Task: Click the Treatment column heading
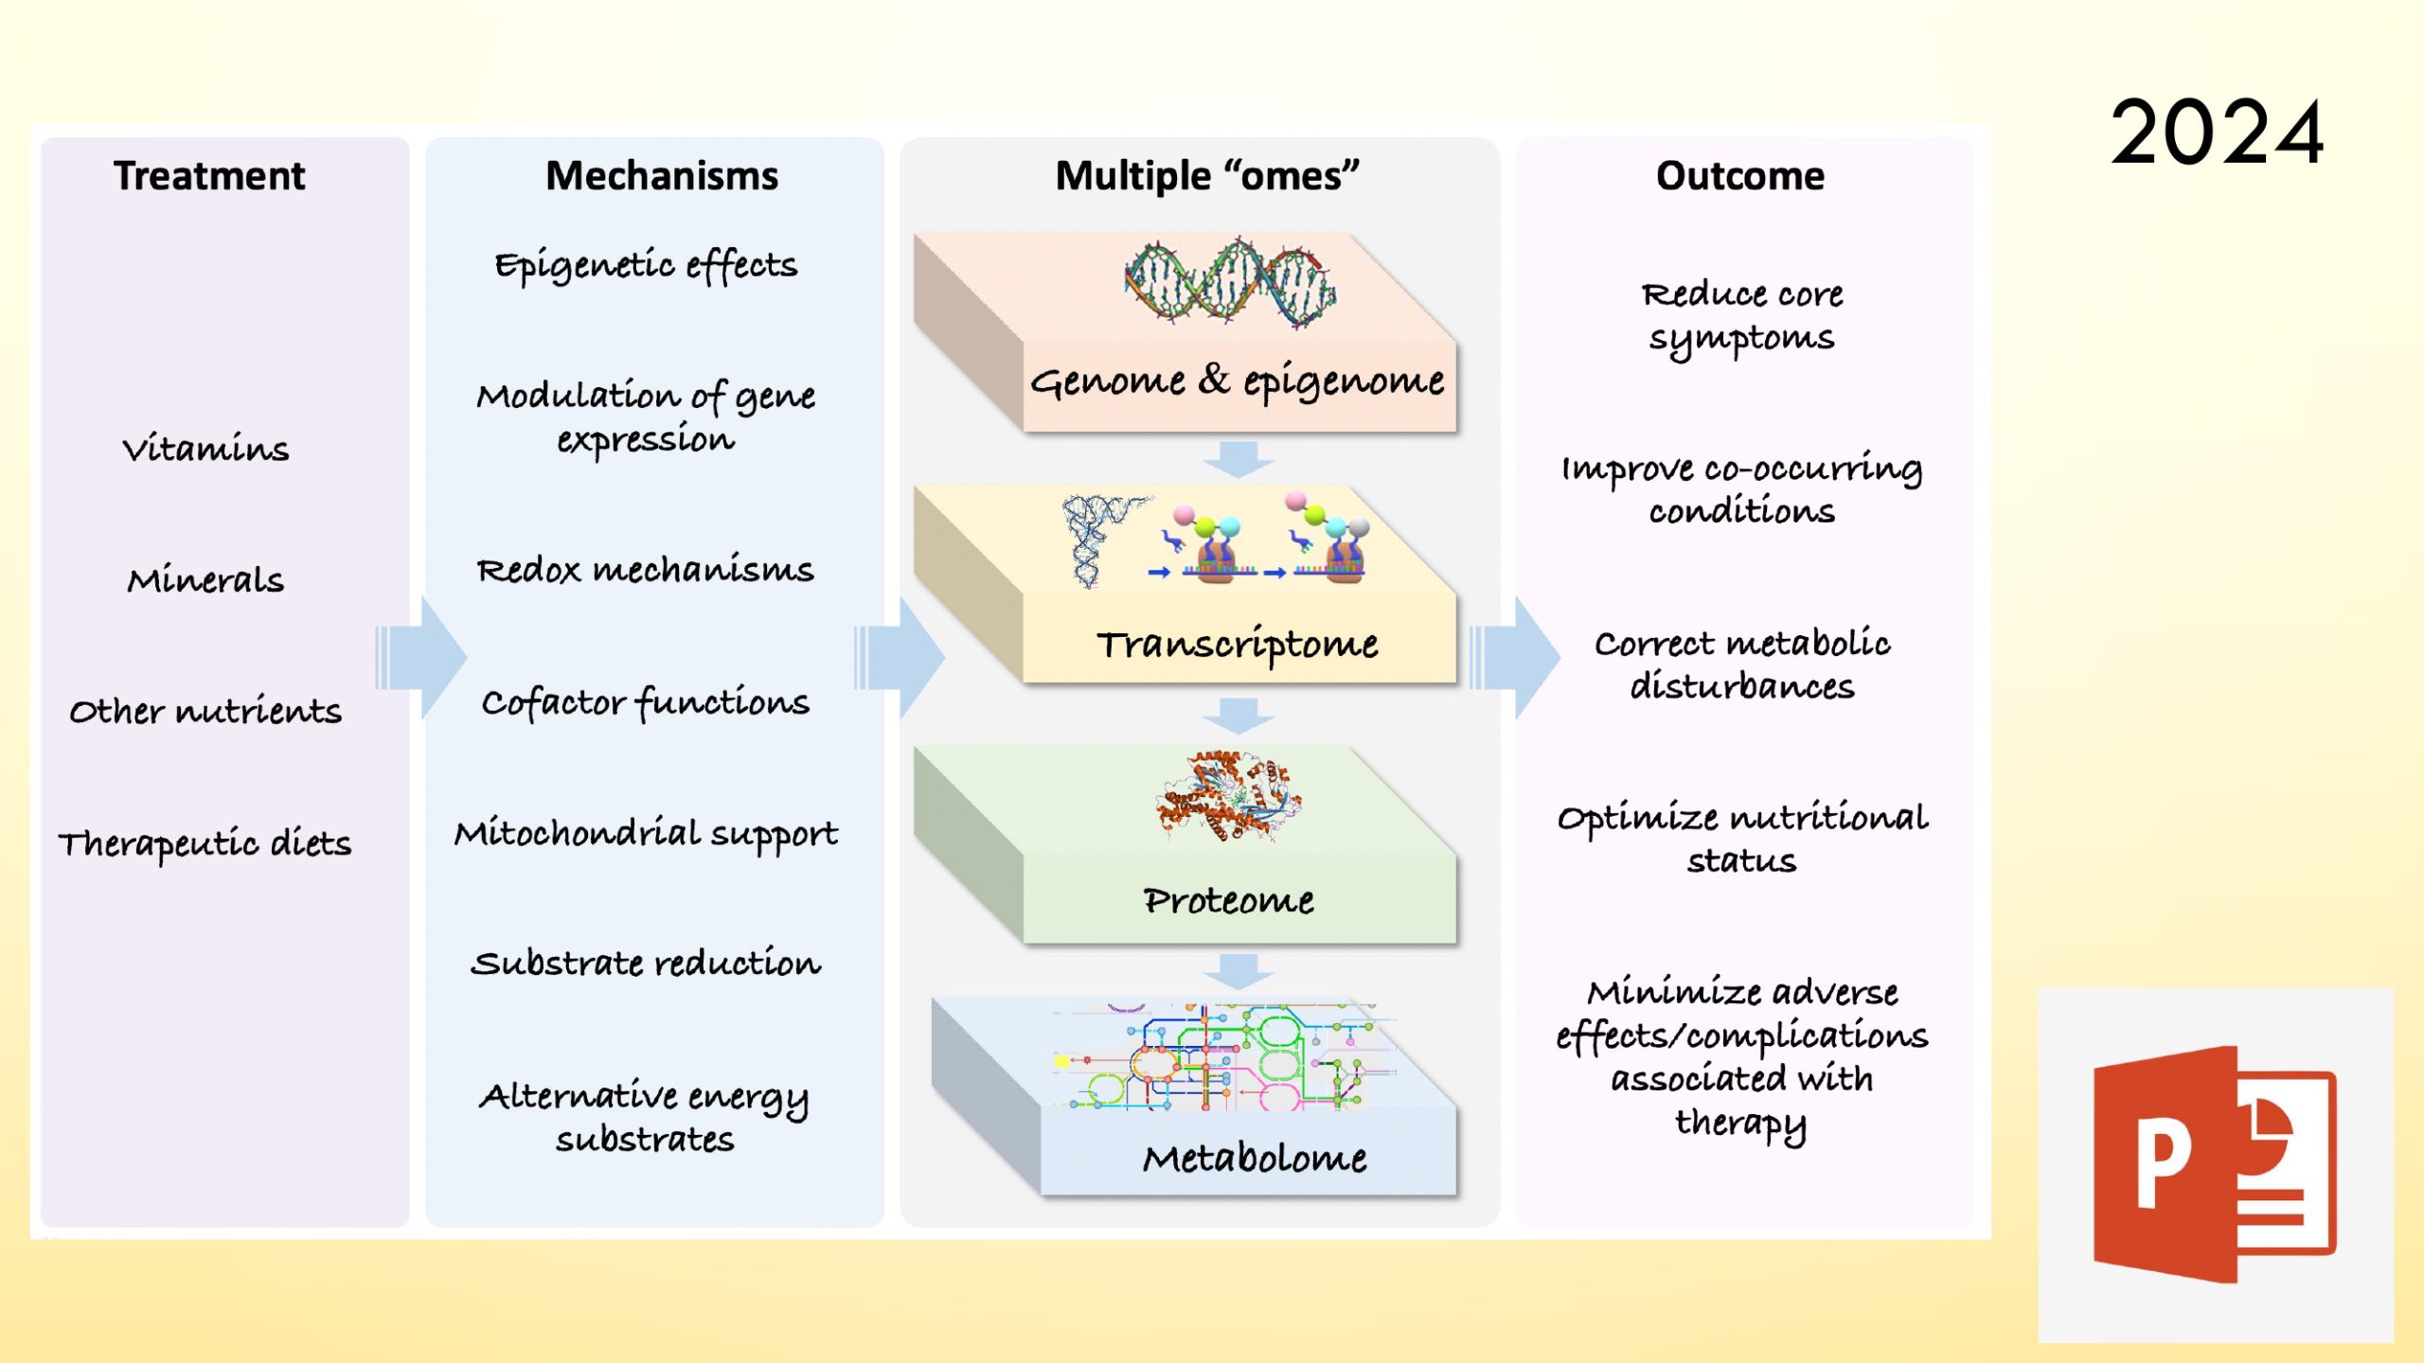pyautogui.click(x=209, y=176)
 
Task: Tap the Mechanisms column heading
pyautogui.click(x=662, y=176)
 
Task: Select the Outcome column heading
pyautogui.click(x=1739, y=176)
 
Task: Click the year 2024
pyautogui.click(x=2217, y=133)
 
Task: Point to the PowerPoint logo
pyautogui.click(x=2215, y=1164)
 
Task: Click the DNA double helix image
pyautogui.click(x=1230, y=283)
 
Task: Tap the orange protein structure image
pyautogui.click(x=1228, y=796)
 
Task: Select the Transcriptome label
pyautogui.click(x=1238, y=645)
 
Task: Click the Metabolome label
pyautogui.click(x=1255, y=1158)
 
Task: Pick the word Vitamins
pyautogui.click(x=205, y=448)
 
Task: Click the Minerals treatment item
pyautogui.click(x=205, y=579)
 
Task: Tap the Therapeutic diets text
pyautogui.click(x=205, y=843)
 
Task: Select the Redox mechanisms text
pyautogui.click(x=645, y=570)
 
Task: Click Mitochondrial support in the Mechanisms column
pyautogui.click(x=646, y=833)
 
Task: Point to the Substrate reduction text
pyautogui.click(x=646, y=964)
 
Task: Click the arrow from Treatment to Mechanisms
pyautogui.click(x=422, y=657)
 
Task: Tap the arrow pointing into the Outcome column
pyautogui.click(x=1516, y=657)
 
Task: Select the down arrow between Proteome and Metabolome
pyautogui.click(x=1239, y=971)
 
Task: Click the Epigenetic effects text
pyautogui.click(x=646, y=266)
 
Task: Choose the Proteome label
pyautogui.click(x=1228, y=900)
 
